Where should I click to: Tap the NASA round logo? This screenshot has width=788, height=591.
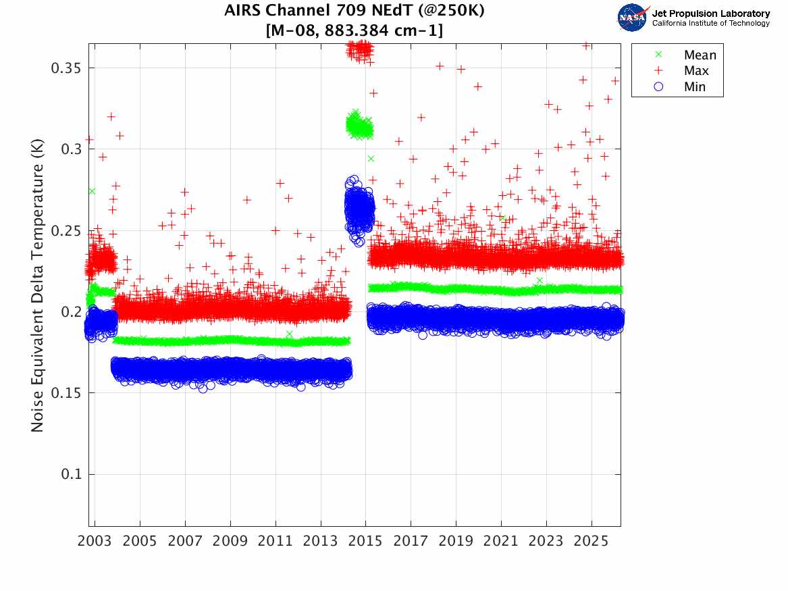pos(633,18)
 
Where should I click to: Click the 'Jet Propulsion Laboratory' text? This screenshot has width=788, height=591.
pos(710,14)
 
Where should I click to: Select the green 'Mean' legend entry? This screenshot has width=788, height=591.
pos(700,55)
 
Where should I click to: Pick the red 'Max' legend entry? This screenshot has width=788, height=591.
pos(696,71)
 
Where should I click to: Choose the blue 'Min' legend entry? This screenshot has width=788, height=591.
pos(695,86)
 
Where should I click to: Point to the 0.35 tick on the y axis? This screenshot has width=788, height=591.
pos(66,68)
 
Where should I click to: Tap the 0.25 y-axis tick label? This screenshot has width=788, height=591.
pos(66,231)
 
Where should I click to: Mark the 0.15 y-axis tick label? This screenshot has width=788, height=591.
pos(66,393)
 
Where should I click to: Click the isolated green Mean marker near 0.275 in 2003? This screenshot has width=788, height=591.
pos(92,191)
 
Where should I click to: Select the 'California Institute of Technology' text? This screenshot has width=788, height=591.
pos(710,24)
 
